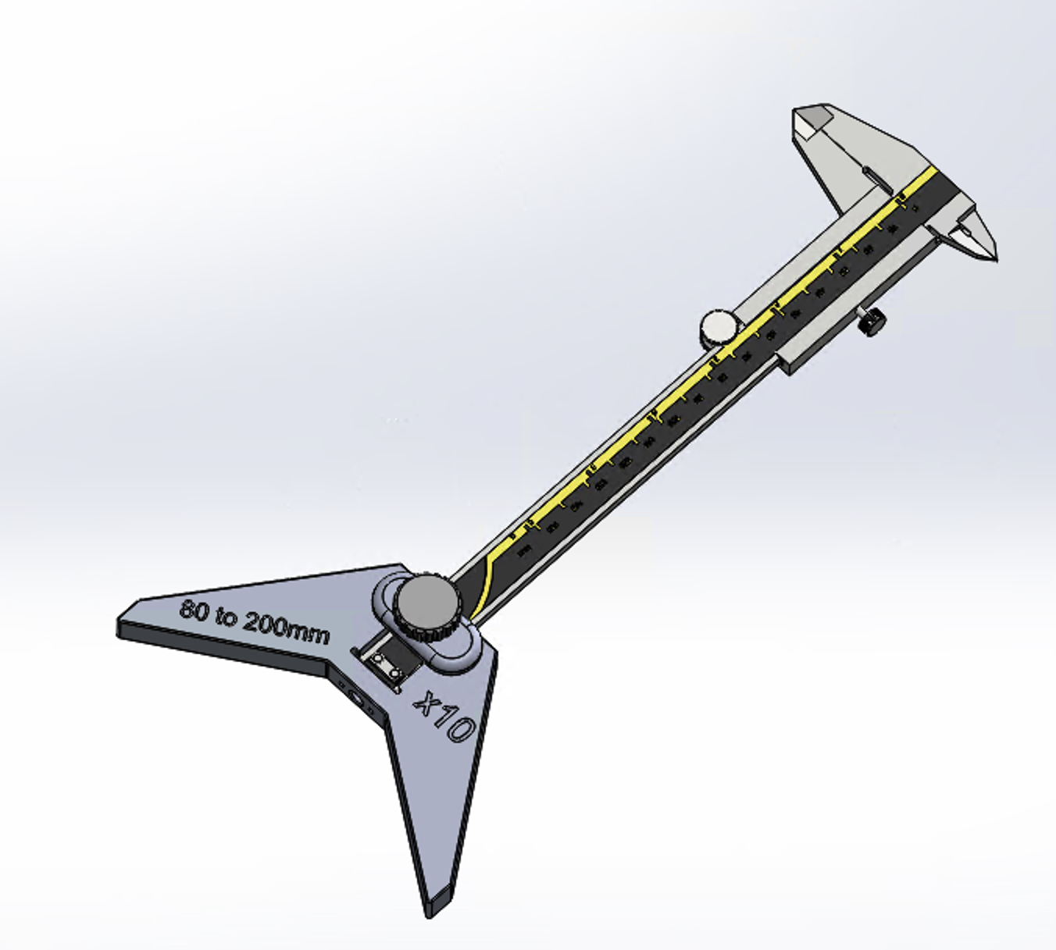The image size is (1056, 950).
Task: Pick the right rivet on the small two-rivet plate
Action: (x=396, y=672)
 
